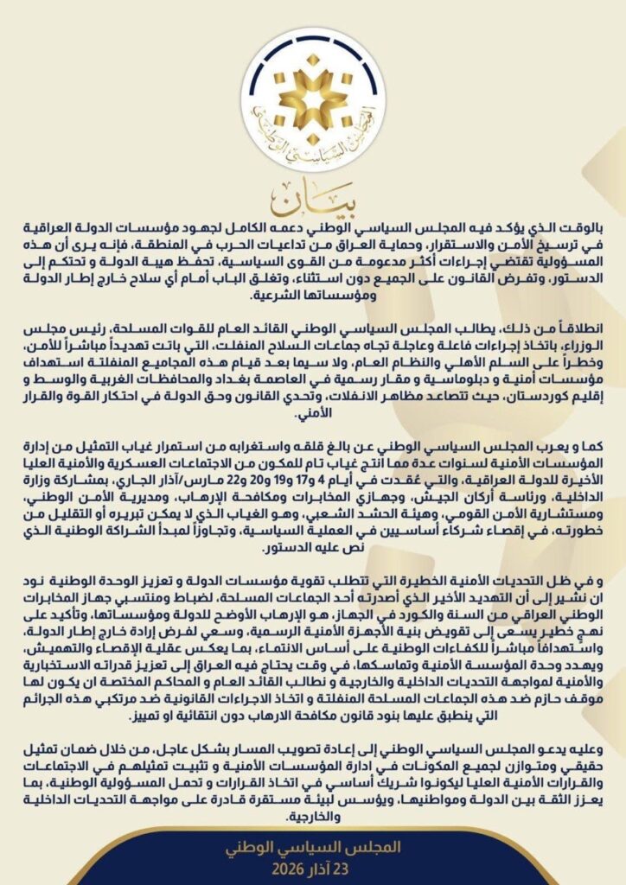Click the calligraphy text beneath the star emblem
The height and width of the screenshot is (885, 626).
click(313, 137)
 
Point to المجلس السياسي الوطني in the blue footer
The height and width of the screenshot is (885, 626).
click(313, 846)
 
